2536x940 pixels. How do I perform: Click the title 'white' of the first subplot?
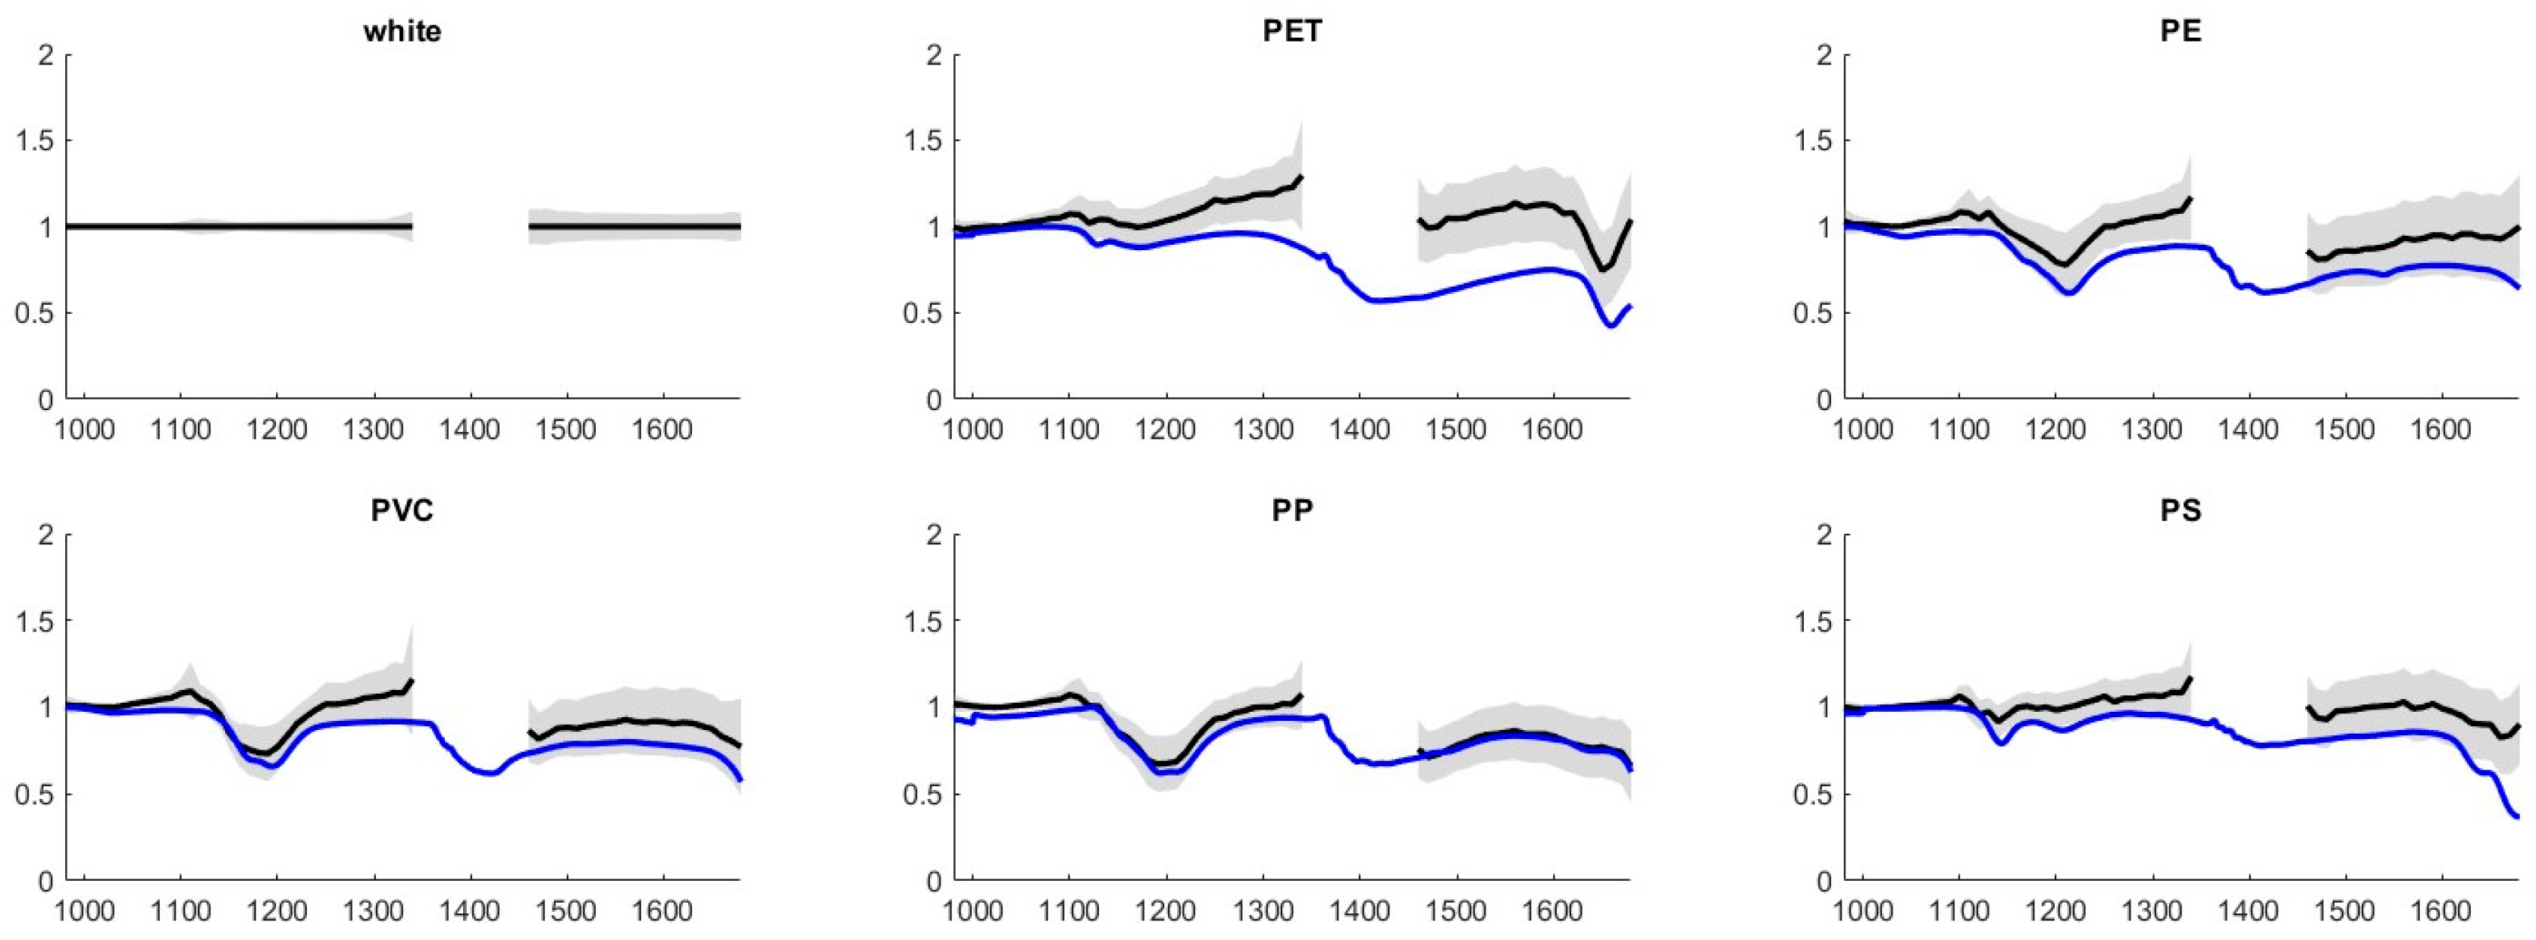pyautogui.click(x=402, y=32)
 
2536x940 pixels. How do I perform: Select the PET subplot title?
pyautogui.click(x=1291, y=32)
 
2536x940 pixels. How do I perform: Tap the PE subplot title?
pyautogui.click(x=2181, y=32)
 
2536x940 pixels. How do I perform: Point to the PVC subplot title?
pyautogui.click(x=402, y=511)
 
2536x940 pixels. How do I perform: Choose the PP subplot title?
pyautogui.click(x=1291, y=511)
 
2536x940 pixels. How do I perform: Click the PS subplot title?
pyautogui.click(x=2181, y=511)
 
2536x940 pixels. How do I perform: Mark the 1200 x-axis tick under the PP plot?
pyautogui.click(x=1166, y=911)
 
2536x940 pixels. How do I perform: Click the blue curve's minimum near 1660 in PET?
pyautogui.click(x=1611, y=324)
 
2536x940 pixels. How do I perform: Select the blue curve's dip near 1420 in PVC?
pyautogui.click(x=490, y=774)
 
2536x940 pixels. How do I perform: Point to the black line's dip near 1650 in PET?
pyautogui.click(x=1604, y=268)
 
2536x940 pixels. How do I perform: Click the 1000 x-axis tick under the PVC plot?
pyautogui.click(x=85, y=911)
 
